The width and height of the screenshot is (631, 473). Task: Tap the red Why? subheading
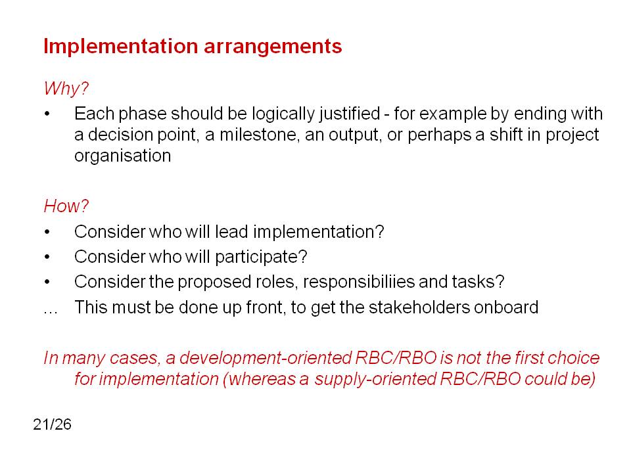(66, 89)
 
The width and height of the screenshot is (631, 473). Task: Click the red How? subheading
(66, 206)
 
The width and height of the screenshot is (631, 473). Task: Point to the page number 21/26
(53, 424)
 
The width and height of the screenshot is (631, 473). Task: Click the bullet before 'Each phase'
(47, 114)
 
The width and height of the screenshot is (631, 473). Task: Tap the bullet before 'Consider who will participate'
(47, 257)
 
